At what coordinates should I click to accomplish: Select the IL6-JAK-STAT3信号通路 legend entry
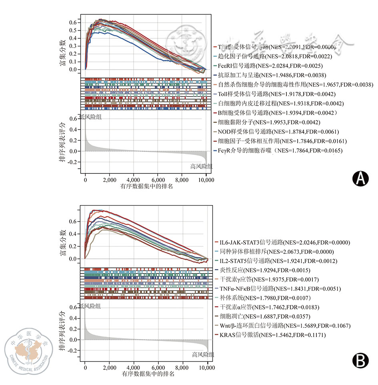(284, 242)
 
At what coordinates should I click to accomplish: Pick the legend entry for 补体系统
(254, 298)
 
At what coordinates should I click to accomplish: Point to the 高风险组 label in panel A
(202, 167)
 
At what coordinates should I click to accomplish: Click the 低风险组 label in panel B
(90, 306)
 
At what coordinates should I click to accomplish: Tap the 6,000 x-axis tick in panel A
(158, 180)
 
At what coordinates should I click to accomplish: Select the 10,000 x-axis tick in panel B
(207, 367)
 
